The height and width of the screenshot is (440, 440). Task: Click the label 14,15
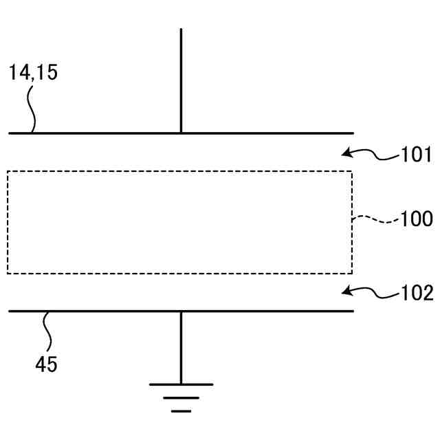(x=33, y=72)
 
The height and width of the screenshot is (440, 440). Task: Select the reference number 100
(x=417, y=220)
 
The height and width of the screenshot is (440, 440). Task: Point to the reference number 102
(x=417, y=294)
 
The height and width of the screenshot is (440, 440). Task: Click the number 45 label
(x=46, y=364)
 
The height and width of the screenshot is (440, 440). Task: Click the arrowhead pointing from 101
(x=347, y=152)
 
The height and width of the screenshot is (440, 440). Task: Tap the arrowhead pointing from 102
(x=347, y=291)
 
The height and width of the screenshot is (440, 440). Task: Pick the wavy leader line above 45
(x=48, y=333)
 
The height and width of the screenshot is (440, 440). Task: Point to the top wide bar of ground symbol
(x=181, y=384)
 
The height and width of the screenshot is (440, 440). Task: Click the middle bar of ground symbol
(x=181, y=397)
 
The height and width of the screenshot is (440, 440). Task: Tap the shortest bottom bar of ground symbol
(x=181, y=410)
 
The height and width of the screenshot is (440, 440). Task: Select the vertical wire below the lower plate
(x=181, y=347)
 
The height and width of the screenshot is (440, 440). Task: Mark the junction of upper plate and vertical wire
(x=181, y=133)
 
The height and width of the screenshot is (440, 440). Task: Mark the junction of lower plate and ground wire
(x=181, y=311)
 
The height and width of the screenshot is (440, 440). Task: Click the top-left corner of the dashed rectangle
(x=8, y=172)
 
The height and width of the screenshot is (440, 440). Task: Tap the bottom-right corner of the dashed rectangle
(x=352, y=273)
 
